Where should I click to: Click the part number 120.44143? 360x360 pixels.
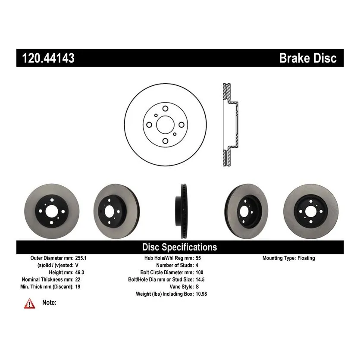(x=46, y=58)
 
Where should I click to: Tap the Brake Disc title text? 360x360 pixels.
(x=307, y=58)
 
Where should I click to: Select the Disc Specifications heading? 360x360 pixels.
(x=179, y=247)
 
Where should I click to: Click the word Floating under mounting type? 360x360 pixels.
(x=306, y=258)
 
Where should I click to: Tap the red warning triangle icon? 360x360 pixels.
(x=29, y=303)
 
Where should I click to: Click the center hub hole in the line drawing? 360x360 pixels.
(x=164, y=125)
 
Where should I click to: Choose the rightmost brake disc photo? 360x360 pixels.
(x=306, y=212)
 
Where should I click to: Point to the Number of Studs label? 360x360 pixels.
(x=175, y=265)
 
